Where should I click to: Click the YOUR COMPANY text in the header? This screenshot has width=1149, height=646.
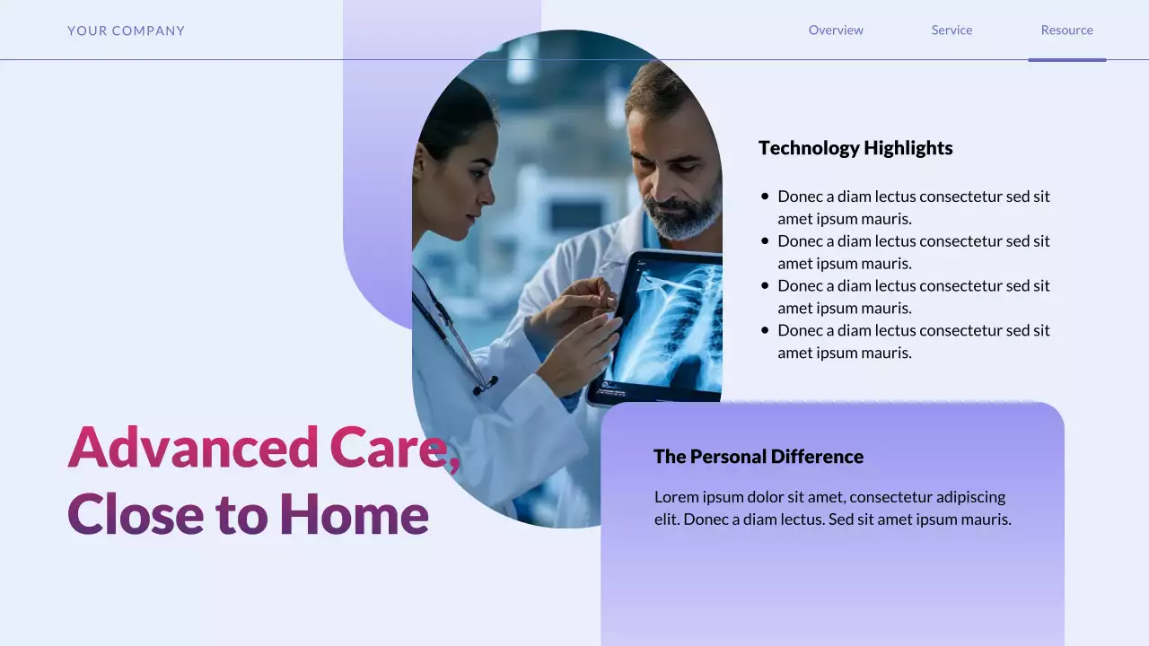(x=126, y=31)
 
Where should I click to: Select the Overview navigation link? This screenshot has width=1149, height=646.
(x=836, y=30)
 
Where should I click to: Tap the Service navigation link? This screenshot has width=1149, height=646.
(x=952, y=30)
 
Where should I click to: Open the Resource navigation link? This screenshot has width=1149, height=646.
(x=1066, y=30)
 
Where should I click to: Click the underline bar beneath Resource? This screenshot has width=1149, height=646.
(x=1066, y=60)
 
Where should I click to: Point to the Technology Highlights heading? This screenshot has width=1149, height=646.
(x=855, y=148)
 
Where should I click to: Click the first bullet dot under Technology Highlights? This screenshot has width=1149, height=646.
(x=765, y=196)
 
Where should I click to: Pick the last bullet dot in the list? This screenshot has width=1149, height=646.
(x=765, y=330)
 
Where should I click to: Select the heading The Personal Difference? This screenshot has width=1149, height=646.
(x=759, y=457)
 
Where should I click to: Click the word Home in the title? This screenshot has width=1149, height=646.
(x=354, y=514)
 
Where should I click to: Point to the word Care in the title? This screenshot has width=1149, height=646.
(x=391, y=447)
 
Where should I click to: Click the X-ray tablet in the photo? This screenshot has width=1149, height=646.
(x=664, y=327)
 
